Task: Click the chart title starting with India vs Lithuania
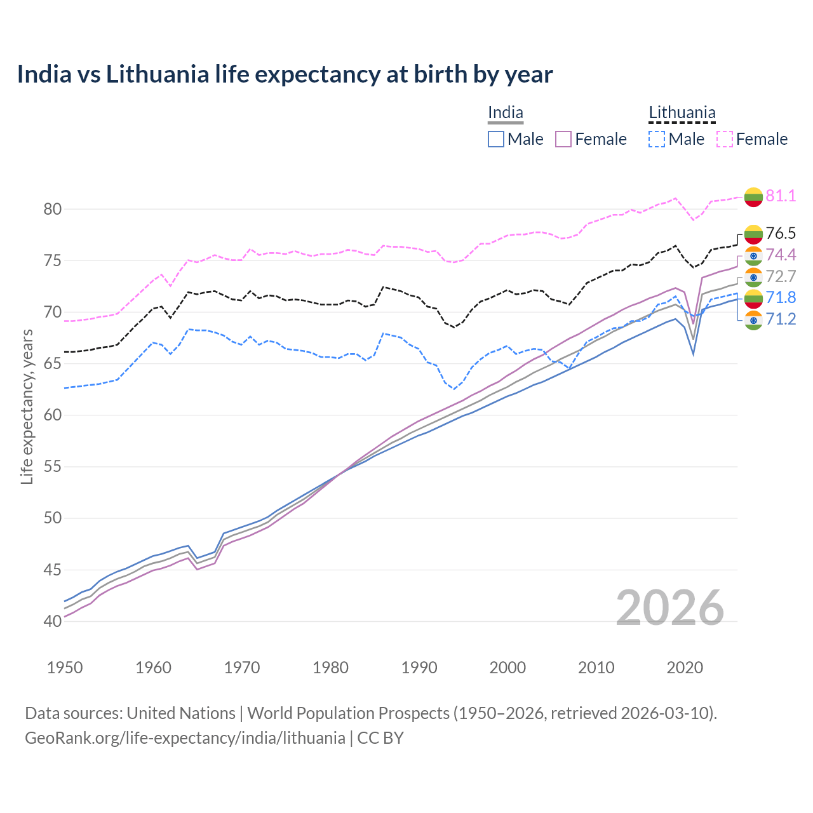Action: [285, 74]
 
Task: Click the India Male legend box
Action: [496, 139]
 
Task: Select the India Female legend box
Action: [564, 139]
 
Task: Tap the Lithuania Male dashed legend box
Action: [657, 139]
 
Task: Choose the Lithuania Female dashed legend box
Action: [725, 139]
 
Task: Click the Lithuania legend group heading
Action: [682, 113]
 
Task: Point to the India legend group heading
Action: [505, 113]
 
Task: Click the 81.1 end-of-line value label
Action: [781, 196]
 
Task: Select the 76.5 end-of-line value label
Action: [781, 233]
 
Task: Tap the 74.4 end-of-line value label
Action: [781, 255]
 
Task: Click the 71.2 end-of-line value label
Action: [781, 319]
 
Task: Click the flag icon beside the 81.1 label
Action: [753, 197]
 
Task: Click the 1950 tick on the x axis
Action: [65, 668]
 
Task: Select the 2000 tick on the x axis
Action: [507, 668]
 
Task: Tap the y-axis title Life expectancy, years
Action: [27, 406]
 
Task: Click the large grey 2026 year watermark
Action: [669, 608]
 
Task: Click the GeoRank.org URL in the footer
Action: [185, 738]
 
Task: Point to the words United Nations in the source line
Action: [181, 713]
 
